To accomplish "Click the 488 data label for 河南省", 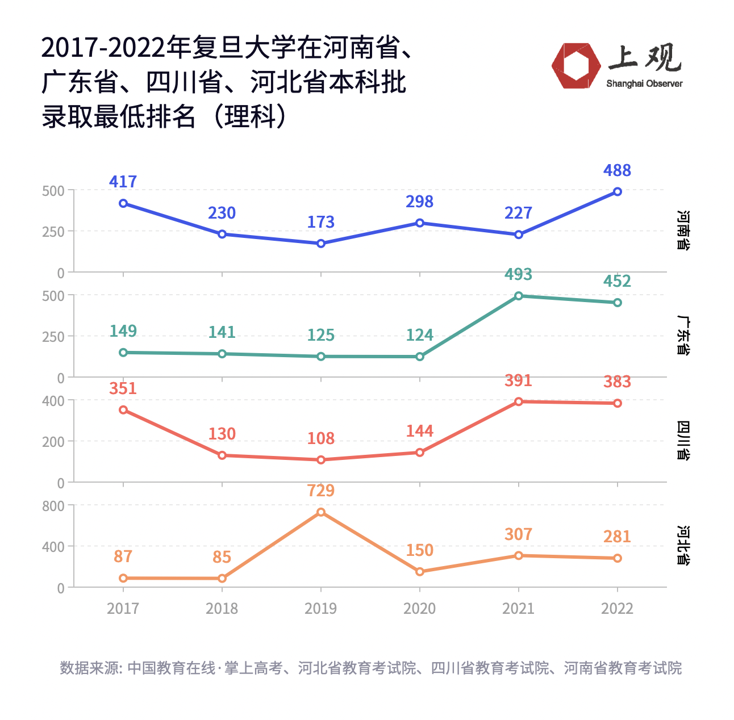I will pyautogui.click(x=617, y=170).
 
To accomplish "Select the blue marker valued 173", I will pyautogui.click(x=321, y=244).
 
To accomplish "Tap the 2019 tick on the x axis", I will pyautogui.click(x=321, y=609).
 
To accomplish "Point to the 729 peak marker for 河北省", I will pyautogui.click(x=321, y=512).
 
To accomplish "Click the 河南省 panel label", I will pyautogui.click(x=683, y=230).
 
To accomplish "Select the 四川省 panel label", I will pyautogui.click(x=683, y=440).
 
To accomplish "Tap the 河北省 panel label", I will pyautogui.click(x=683, y=546).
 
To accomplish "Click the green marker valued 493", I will pyautogui.click(x=519, y=296).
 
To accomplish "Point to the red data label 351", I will pyautogui.click(x=123, y=389).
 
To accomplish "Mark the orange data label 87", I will pyautogui.click(x=123, y=556).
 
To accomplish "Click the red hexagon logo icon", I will pyautogui.click(x=576, y=66).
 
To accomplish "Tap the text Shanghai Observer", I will pyautogui.click(x=644, y=84).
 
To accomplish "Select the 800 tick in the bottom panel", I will pyautogui.click(x=53, y=505).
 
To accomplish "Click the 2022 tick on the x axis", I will pyautogui.click(x=617, y=609).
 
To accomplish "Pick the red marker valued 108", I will pyautogui.click(x=321, y=460).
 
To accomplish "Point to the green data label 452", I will pyautogui.click(x=617, y=281).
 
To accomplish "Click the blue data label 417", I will pyautogui.click(x=123, y=182).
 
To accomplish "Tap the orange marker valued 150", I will pyautogui.click(x=420, y=572).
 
